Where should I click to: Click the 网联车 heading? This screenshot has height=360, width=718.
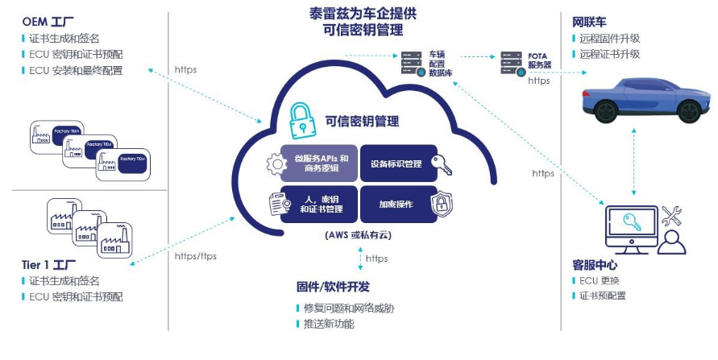coord(591,21)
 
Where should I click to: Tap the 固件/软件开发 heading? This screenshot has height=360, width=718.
coord(333,287)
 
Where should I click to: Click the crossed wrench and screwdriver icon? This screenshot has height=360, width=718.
coord(671,215)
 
